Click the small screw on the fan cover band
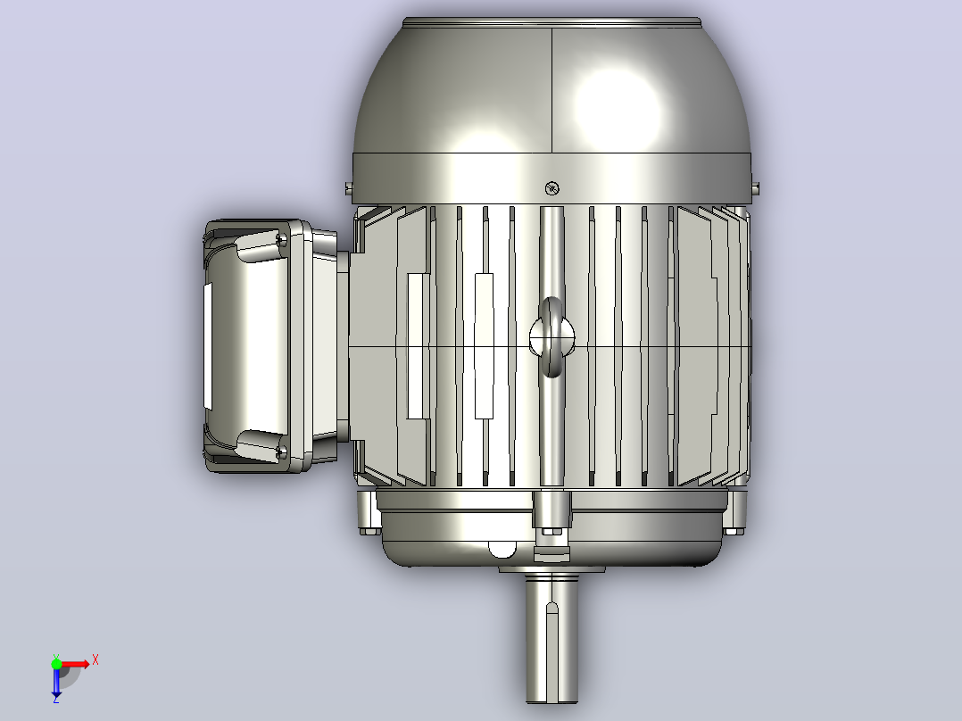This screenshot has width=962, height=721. pyautogui.click(x=552, y=188)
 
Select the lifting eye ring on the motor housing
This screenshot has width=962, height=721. pyautogui.click(x=551, y=337)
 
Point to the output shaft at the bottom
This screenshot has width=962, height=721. pyautogui.click(x=551, y=638)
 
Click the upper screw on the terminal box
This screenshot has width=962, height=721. pyautogui.click(x=282, y=238)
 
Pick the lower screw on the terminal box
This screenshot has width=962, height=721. pyautogui.click(x=282, y=453)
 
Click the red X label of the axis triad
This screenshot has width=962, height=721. pyautogui.click(x=95, y=660)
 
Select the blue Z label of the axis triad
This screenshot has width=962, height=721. pyautogui.click(x=56, y=699)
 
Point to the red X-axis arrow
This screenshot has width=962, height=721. pyautogui.click(x=73, y=664)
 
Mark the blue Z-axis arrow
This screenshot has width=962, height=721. pyautogui.click(x=56, y=680)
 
